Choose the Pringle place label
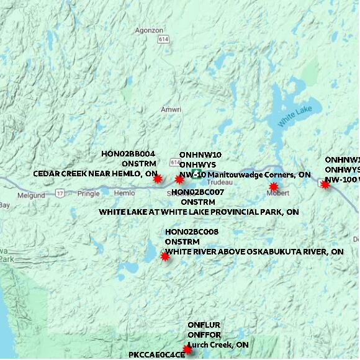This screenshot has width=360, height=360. tap(89, 194)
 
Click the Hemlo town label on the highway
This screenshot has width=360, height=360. tap(124, 194)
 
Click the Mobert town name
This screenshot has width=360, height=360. tap(277, 194)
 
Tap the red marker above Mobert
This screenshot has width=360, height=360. tap(273, 186)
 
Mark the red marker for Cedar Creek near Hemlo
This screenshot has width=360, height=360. tap(157, 179)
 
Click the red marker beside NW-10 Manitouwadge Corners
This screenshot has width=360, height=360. tap(179, 179)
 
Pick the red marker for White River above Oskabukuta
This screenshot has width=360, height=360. tap(165, 256)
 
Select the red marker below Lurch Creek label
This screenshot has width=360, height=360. tap(187, 349)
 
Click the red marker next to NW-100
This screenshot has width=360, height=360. tap(325, 184)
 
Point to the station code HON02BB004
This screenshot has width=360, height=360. tap(128, 153)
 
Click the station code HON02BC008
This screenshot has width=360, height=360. tap(192, 232)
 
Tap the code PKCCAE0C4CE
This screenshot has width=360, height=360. tap(157, 355)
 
